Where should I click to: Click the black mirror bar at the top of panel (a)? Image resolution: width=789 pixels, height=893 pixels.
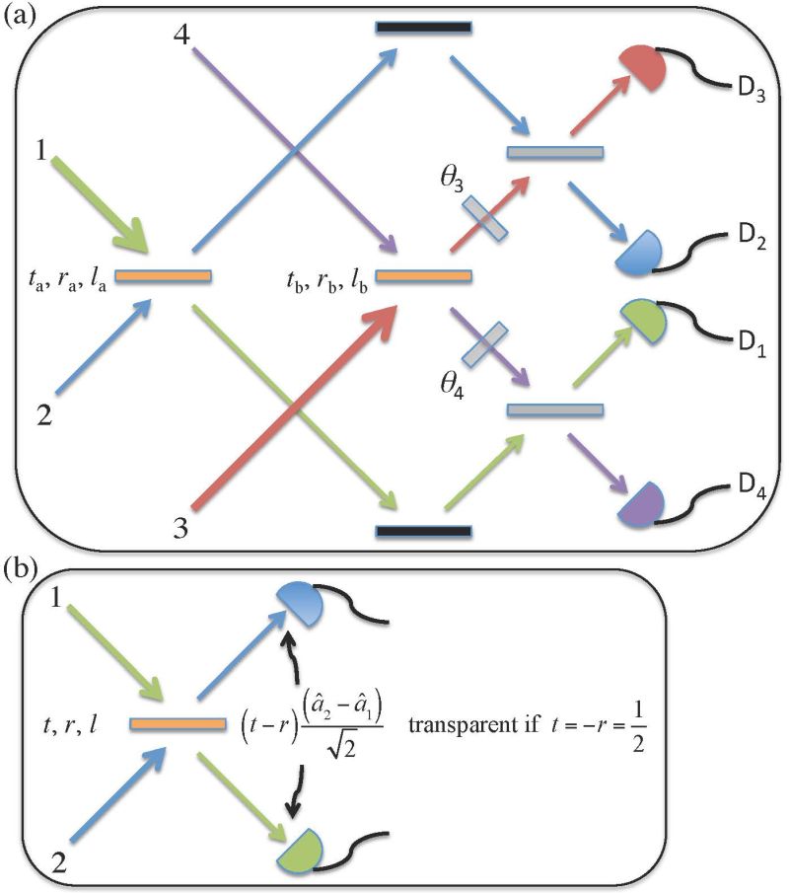click(x=423, y=27)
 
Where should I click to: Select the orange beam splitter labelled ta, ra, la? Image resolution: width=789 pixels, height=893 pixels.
click(x=162, y=276)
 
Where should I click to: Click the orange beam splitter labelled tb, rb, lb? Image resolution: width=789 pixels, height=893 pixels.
click(x=424, y=276)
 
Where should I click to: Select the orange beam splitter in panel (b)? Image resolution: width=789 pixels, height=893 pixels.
click(x=177, y=724)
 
